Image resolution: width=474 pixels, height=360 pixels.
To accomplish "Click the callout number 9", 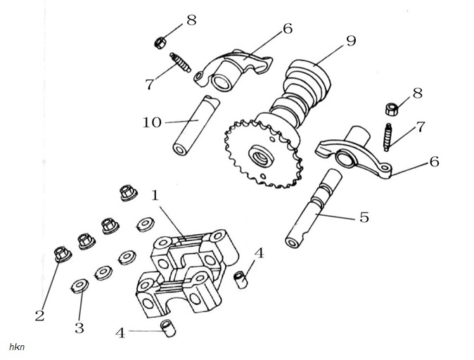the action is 351,41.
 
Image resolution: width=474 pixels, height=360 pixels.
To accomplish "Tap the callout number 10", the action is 152,122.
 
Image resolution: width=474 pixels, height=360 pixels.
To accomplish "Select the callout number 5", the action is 364,217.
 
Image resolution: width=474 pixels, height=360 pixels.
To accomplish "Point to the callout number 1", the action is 155,195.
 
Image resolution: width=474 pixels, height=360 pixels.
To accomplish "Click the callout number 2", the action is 39,316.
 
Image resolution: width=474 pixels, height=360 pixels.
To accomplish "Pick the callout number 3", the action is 79,328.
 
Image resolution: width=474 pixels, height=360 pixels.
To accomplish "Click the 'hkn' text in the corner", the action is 17,347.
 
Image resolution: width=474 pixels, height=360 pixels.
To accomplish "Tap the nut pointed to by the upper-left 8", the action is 160,43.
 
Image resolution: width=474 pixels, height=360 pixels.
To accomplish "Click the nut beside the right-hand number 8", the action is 392,109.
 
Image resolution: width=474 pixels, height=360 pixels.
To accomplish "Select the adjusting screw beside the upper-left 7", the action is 180,63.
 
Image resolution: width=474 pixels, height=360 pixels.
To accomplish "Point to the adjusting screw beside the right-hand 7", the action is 387,137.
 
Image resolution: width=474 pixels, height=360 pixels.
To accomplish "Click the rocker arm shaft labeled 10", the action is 196,125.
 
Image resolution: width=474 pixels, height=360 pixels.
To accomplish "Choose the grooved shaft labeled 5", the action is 314,209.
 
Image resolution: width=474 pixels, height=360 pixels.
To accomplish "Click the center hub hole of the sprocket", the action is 260,156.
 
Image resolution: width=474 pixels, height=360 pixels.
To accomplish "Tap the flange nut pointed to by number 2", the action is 63,254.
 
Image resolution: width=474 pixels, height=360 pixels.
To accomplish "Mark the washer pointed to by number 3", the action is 79,285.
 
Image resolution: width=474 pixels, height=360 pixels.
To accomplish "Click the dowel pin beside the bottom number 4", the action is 168,328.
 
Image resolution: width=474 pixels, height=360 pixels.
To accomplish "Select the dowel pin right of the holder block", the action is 241,280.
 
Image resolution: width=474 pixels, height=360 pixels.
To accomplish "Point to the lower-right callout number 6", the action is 435,162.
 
